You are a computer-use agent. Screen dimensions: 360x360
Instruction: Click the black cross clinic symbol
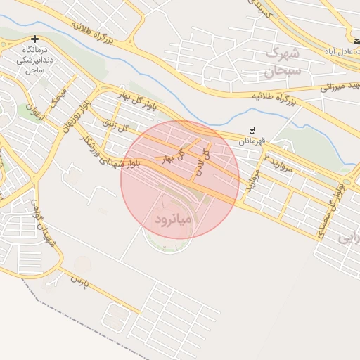click(34, 39)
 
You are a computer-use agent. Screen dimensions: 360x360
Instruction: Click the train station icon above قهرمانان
click(251, 129)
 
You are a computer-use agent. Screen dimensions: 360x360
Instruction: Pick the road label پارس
click(77, 279)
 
